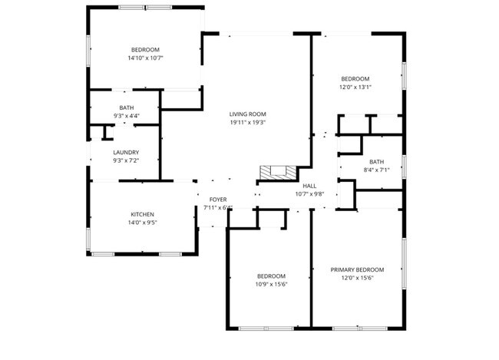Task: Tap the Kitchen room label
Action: (x=143, y=214)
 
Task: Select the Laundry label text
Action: (x=126, y=153)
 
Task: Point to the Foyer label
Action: (x=218, y=200)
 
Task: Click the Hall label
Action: (x=309, y=186)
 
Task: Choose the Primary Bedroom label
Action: (x=357, y=269)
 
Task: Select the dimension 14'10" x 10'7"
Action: (x=145, y=58)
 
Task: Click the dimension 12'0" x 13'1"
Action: (x=355, y=87)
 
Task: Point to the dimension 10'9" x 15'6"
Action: (x=271, y=284)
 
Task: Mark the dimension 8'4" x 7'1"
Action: (x=376, y=170)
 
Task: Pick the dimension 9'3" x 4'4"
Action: (x=126, y=116)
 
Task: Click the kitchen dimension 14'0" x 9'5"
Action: (x=143, y=223)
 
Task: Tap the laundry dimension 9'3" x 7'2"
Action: (x=126, y=161)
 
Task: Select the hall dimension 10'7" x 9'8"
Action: (x=309, y=193)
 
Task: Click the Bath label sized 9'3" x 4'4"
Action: (x=126, y=107)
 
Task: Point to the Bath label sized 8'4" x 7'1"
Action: (x=376, y=161)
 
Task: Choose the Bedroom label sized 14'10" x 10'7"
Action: (x=145, y=49)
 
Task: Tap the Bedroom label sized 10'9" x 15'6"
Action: (x=271, y=276)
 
